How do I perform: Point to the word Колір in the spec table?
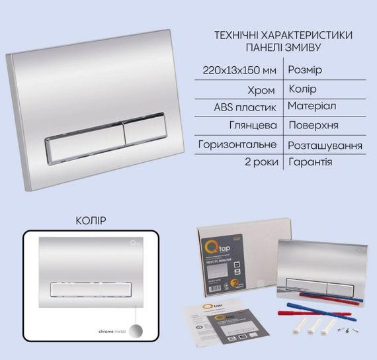pos(303,87)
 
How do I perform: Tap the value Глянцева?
pos(253,124)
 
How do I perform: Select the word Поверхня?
pos(314,124)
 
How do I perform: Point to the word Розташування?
pos(325,144)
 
